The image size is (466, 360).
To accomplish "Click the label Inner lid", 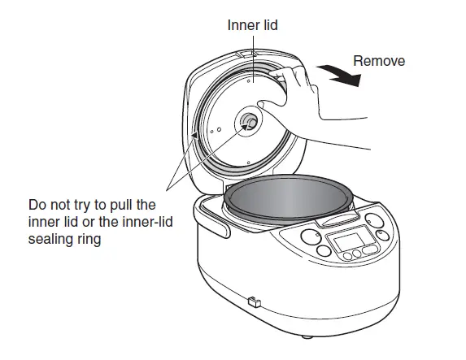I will tap(253, 25).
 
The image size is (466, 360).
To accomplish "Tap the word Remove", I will tap(380, 61).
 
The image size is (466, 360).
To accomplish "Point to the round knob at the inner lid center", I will tap(248, 123).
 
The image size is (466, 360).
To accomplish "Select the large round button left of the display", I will tap(310, 237).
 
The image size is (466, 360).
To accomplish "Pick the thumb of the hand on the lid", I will tap(268, 104).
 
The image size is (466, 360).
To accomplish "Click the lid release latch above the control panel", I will tap(336, 219).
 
